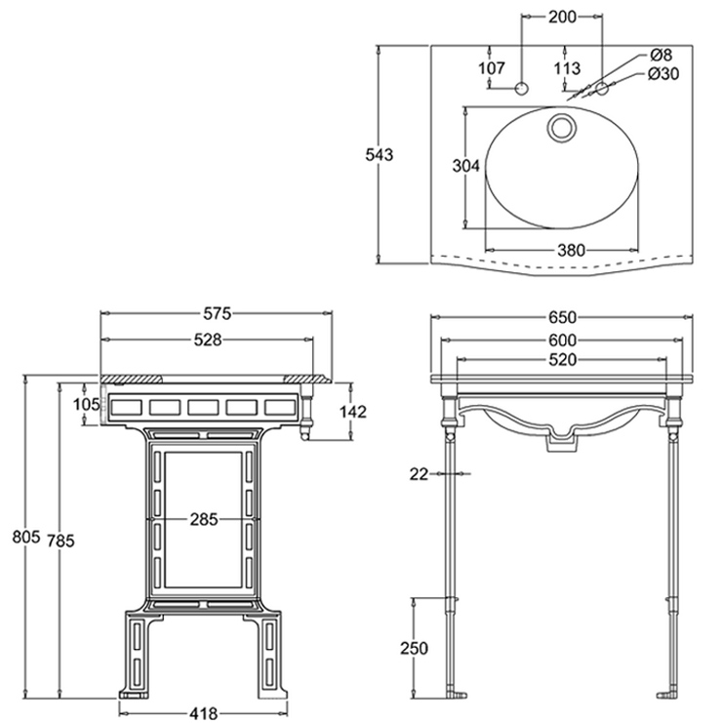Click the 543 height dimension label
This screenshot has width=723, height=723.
(380, 153)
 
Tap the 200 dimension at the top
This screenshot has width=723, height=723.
(562, 17)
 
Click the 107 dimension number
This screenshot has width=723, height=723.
(493, 67)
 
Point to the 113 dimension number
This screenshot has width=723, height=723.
(566, 67)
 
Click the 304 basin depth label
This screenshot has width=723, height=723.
(466, 167)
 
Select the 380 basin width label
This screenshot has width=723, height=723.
(571, 250)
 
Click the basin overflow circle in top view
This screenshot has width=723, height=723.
(563, 127)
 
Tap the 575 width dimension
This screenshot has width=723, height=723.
(217, 314)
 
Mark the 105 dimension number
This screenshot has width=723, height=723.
(87, 404)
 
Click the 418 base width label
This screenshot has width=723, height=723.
(204, 712)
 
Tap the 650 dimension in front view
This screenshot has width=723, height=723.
(562, 316)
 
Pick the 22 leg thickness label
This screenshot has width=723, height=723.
(420, 474)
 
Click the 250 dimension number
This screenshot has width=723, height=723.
(415, 649)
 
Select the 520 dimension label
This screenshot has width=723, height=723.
(562, 359)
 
